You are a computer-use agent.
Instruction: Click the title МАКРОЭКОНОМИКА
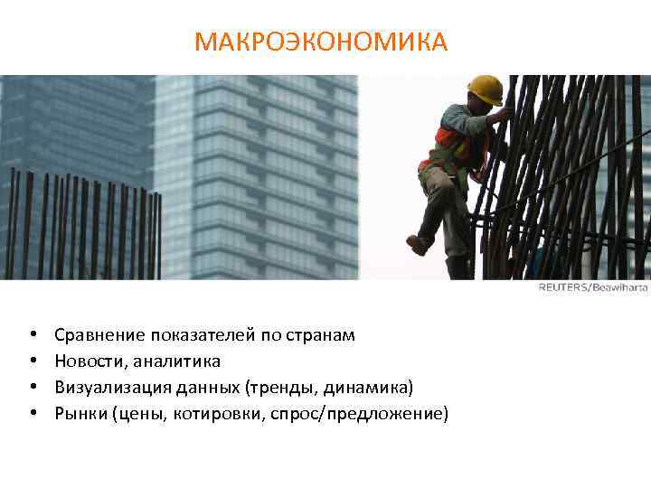click(x=321, y=42)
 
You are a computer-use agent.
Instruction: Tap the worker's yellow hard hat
click(x=486, y=89)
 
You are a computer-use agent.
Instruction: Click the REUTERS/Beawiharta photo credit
click(x=593, y=287)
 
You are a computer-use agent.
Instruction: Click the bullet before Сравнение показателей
click(x=32, y=335)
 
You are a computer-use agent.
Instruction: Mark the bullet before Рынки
click(x=32, y=414)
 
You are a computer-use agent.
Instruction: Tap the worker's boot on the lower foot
click(x=419, y=245)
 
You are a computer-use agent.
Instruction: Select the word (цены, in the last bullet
click(x=134, y=414)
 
